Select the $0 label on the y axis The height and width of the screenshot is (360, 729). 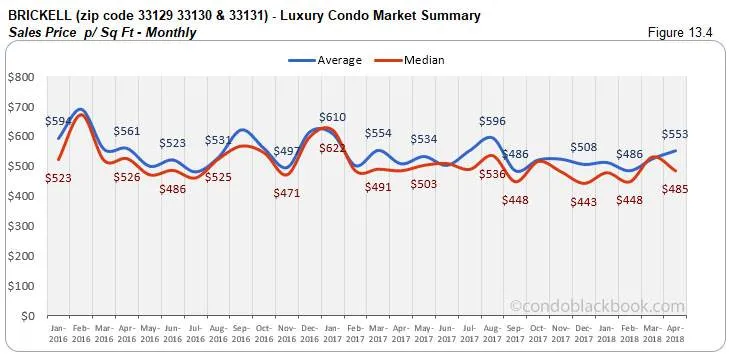click(27, 316)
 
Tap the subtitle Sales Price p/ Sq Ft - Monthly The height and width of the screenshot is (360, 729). click(101, 32)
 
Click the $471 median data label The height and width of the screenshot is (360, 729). click(287, 193)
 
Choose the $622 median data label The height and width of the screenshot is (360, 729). click(334, 148)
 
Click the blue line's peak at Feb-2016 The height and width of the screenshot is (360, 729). click(81, 109)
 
